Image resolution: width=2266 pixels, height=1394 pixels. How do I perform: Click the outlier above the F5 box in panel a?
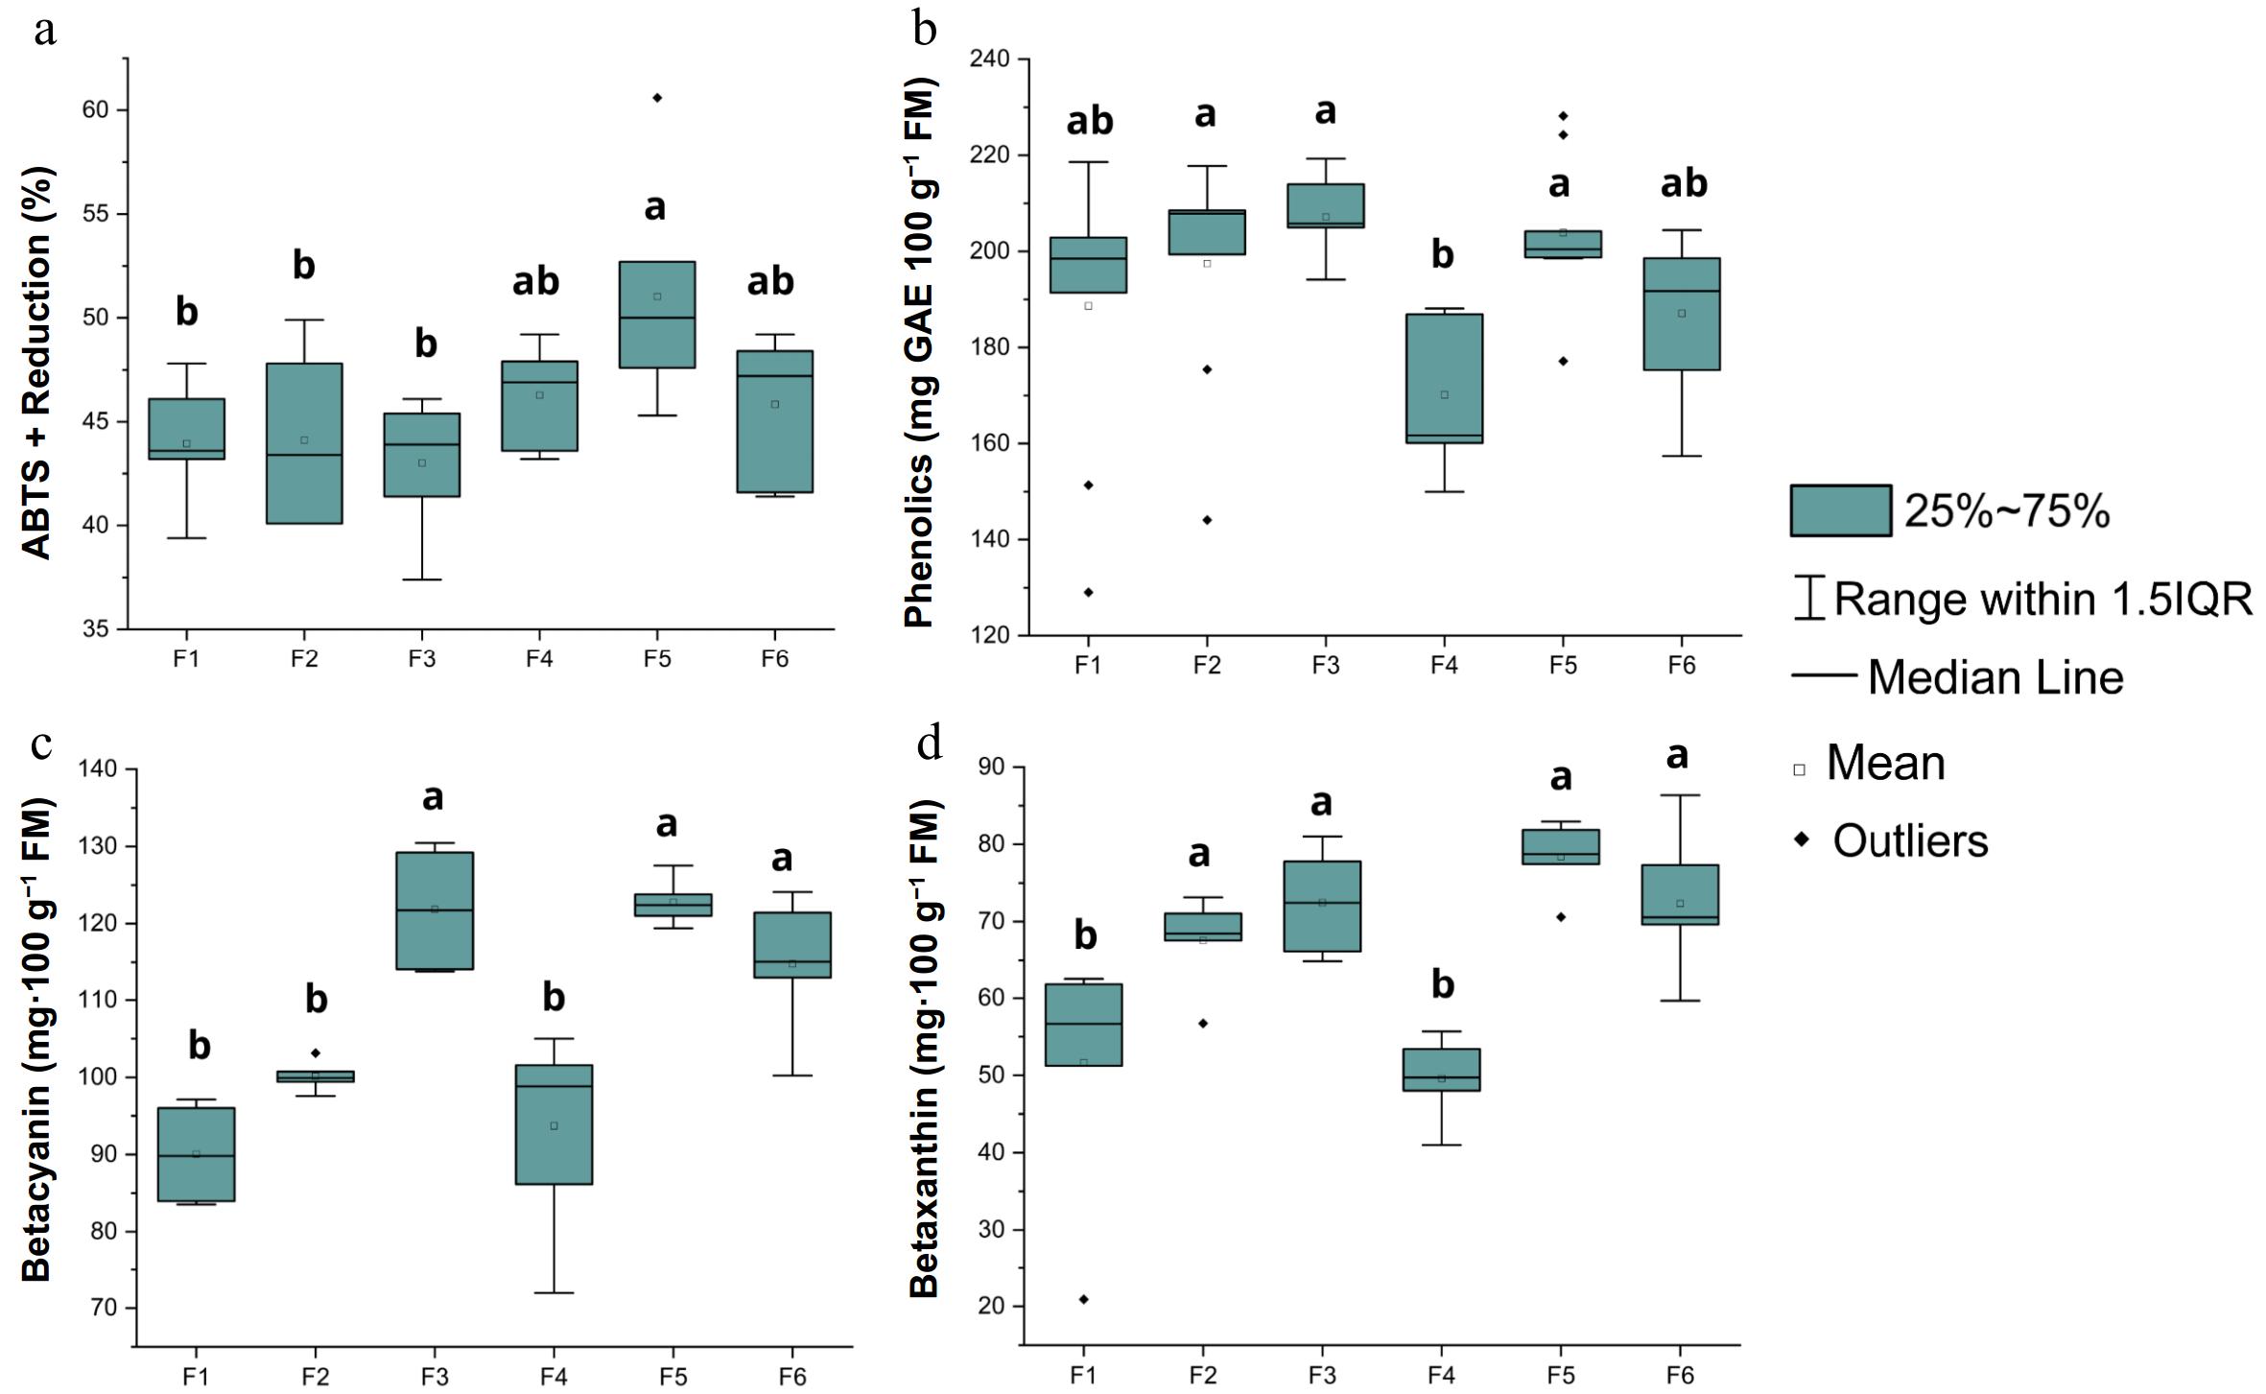click(657, 98)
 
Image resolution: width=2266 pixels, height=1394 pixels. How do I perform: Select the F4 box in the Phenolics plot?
click(1444, 378)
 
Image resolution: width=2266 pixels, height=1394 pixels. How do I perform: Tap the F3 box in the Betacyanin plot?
click(435, 910)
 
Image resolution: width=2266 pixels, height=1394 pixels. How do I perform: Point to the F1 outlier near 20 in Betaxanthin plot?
click(1084, 1299)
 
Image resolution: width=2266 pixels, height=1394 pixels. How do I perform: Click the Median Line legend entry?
click(1995, 678)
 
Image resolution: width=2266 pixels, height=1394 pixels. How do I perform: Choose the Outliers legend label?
click(1910, 841)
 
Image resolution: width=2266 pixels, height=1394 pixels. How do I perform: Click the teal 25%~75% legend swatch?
click(1840, 510)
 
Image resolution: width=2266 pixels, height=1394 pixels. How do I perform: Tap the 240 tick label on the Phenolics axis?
click(989, 59)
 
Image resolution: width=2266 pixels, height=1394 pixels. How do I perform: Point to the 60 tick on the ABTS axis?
click(95, 110)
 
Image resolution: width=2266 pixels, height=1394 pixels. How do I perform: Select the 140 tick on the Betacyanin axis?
click(100, 769)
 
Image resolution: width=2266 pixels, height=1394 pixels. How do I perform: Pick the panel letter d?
click(929, 744)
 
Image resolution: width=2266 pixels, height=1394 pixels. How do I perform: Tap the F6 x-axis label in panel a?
click(774, 659)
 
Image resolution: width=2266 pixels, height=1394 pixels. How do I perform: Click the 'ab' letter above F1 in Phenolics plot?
click(1090, 122)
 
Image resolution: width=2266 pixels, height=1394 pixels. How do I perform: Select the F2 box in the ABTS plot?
click(304, 443)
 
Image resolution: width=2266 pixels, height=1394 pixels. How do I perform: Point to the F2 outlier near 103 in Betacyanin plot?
click(316, 1053)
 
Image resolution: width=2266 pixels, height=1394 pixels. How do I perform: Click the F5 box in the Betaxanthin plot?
click(1561, 846)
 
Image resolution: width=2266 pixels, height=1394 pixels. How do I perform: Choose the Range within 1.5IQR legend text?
click(2042, 599)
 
